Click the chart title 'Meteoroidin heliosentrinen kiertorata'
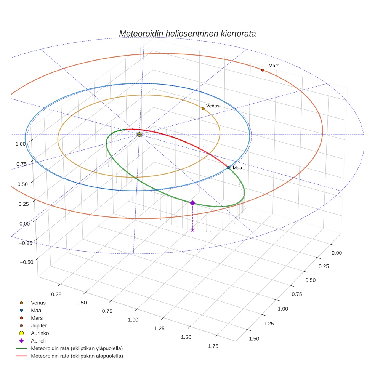coord(187,34)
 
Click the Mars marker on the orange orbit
coord(263,70)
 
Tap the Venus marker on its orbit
coord(203,109)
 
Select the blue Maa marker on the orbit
coord(228,168)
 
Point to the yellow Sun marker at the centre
coord(139,135)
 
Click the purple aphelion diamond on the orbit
coord(192,203)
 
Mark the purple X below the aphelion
coord(192,230)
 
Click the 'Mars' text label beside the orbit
coord(274,66)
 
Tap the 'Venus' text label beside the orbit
coord(213,106)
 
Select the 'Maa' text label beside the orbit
coord(237,168)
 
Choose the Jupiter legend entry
coord(38,325)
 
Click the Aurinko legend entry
coord(40,333)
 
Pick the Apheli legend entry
coord(38,341)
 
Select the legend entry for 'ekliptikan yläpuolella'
coord(77,348)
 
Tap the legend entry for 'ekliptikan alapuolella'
coord(77,356)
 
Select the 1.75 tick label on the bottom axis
coord(213,346)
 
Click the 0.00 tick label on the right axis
coord(337,253)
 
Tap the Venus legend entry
coord(38,303)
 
